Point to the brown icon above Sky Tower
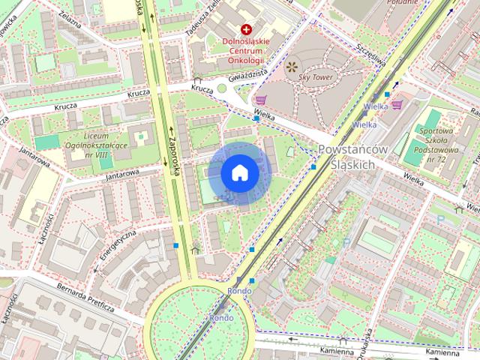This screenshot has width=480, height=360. pyautogui.click(x=291, y=67)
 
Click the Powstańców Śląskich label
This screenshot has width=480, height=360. pyautogui.click(x=352, y=157)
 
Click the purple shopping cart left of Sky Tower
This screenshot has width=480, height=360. pyautogui.click(x=260, y=100)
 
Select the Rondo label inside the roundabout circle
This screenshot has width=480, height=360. pyautogui.click(x=220, y=317)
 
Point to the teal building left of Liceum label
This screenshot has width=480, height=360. pyautogui.click(x=46, y=142)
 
